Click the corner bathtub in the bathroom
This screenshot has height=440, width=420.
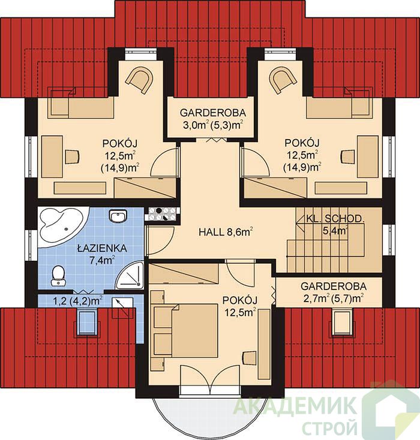[62, 227]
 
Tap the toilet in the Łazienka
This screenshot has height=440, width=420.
[58, 276]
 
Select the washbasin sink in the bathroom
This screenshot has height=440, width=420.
[118, 216]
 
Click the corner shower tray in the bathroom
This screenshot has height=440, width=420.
[130, 276]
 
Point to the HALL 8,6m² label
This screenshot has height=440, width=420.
[226, 232]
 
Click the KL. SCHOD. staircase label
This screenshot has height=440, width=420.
[335, 224]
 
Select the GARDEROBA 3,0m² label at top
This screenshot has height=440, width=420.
[212, 119]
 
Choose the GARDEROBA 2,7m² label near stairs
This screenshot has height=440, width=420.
[334, 292]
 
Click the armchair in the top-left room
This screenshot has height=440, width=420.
[140, 79]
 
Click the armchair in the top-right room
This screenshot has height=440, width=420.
[283, 79]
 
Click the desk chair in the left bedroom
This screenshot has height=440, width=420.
[72, 156]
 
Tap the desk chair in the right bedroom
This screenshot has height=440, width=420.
[348, 156]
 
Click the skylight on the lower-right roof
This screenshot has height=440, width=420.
[341, 322]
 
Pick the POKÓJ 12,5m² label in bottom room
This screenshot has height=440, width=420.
[239, 306]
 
